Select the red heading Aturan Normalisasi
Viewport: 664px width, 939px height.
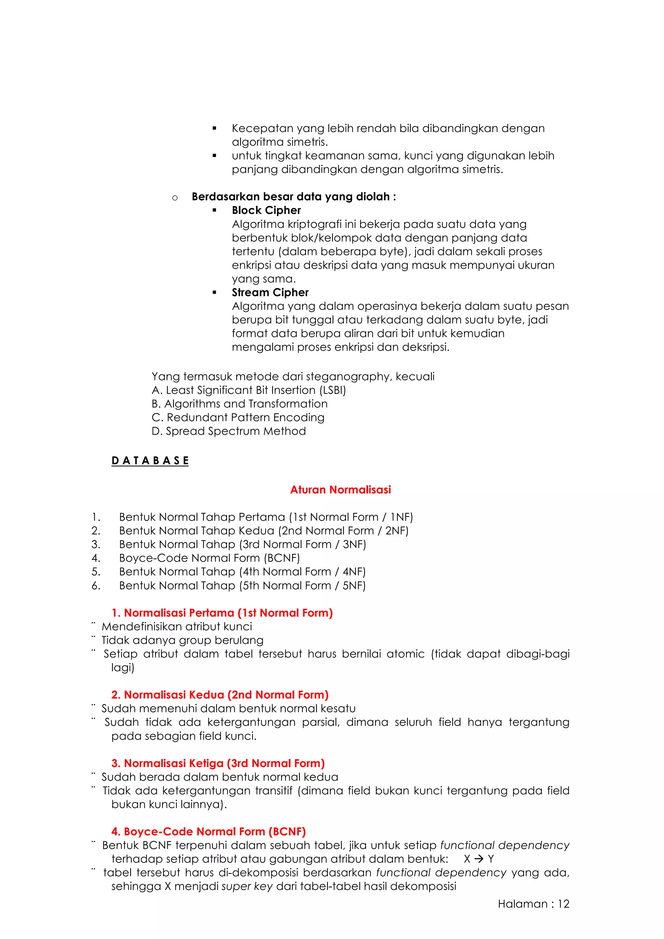click(x=340, y=490)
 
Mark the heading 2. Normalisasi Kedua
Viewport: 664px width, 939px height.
click(x=219, y=695)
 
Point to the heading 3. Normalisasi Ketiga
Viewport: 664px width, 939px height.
click(x=218, y=763)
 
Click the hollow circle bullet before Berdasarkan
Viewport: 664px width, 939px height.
click(x=175, y=198)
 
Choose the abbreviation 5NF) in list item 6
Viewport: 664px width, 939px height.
click(x=354, y=585)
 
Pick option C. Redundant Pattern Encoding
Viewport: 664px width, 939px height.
click(x=238, y=418)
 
